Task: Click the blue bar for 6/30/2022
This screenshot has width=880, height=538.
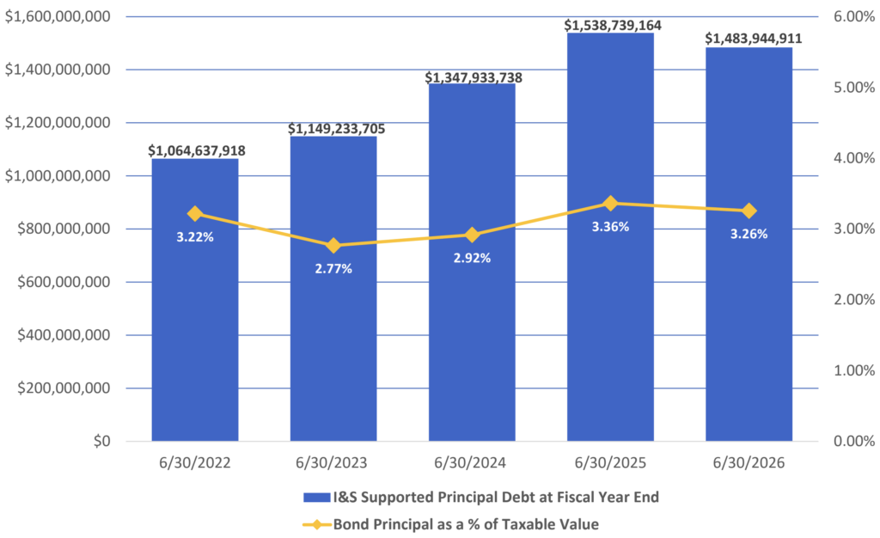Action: (195, 300)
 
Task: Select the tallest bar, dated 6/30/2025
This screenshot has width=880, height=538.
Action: (611, 236)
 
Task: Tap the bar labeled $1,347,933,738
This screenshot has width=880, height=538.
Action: (472, 262)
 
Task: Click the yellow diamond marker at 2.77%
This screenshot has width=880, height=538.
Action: (333, 246)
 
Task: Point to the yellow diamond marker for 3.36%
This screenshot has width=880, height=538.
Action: (611, 204)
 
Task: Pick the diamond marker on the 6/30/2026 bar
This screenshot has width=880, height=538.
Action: (749, 211)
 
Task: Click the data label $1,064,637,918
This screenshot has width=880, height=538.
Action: (197, 150)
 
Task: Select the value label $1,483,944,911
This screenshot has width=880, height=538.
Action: (753, 39)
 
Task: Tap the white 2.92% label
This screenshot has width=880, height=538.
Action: (472, 258)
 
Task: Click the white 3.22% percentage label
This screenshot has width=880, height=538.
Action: (195, 237)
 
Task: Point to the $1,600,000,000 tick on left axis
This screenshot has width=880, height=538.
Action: (58, 17)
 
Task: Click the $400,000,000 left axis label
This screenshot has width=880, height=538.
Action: (64, 335)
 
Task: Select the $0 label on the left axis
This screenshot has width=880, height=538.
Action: (102, 442)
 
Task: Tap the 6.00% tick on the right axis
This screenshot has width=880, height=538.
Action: (853, 17)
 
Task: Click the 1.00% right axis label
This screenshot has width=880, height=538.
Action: (853, 370)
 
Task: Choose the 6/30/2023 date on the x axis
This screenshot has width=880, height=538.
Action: (332, 463)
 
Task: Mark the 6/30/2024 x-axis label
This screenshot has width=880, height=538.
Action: (470, 463)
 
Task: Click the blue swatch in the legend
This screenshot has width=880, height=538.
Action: (316, 498)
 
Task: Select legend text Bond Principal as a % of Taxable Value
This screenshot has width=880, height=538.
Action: (466, 524)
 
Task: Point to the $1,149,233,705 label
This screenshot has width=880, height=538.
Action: (337, 129)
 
